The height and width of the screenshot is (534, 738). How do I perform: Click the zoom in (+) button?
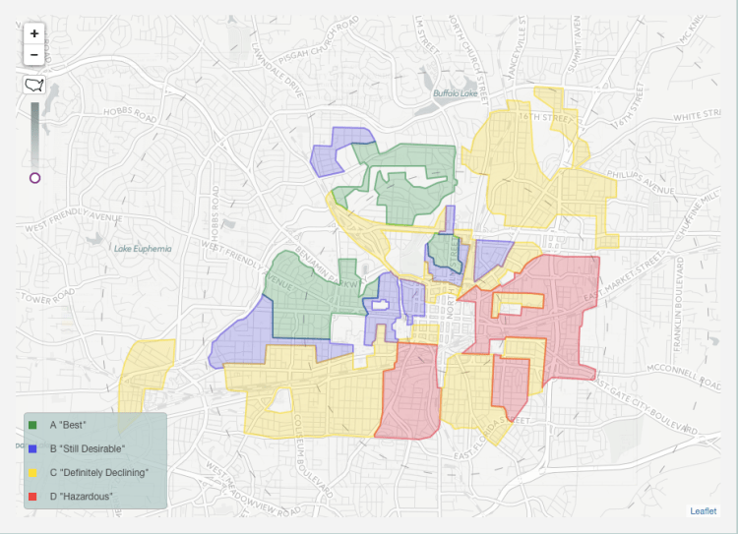tap(34, 33)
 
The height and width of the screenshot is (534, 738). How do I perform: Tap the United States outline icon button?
tap(34, 86)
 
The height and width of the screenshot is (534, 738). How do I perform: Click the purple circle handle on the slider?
tap(35, 178)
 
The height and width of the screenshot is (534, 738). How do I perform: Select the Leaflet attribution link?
tap(703, 510)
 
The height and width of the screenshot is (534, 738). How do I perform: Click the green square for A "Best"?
tap(33, 425)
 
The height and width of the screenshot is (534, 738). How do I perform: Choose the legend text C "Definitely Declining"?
tap(99, 472)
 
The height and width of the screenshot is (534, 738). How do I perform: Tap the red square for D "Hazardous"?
tap(33, 496)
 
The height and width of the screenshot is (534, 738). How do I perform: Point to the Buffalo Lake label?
tap(456, 94)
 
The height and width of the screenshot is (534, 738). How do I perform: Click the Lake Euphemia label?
tap(143, 249)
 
